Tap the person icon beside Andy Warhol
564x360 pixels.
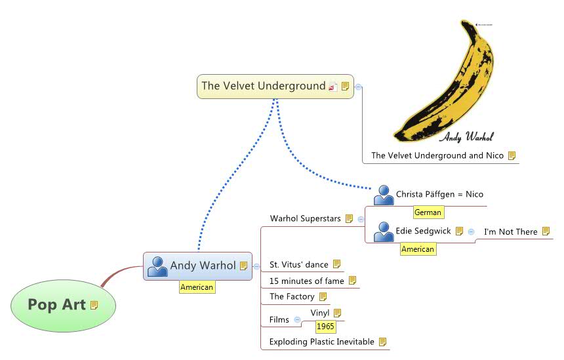[157, 266]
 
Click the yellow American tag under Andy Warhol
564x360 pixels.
[197, 287]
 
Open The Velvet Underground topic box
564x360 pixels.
[264, 86]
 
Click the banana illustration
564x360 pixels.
[441, 85]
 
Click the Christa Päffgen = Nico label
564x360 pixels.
[439, 194]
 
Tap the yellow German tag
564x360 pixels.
[428, 212]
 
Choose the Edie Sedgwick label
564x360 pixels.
[423, 231]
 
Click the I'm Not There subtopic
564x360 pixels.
[510, 231]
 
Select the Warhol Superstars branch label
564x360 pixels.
[305, 218]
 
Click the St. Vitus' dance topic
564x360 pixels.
[298, 265]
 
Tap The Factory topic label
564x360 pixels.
[292, 296]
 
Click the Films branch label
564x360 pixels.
[279, 320]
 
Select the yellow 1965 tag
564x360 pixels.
[325, 327]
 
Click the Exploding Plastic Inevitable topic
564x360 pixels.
[322, 342]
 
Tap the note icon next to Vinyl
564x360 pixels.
[338, 313]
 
